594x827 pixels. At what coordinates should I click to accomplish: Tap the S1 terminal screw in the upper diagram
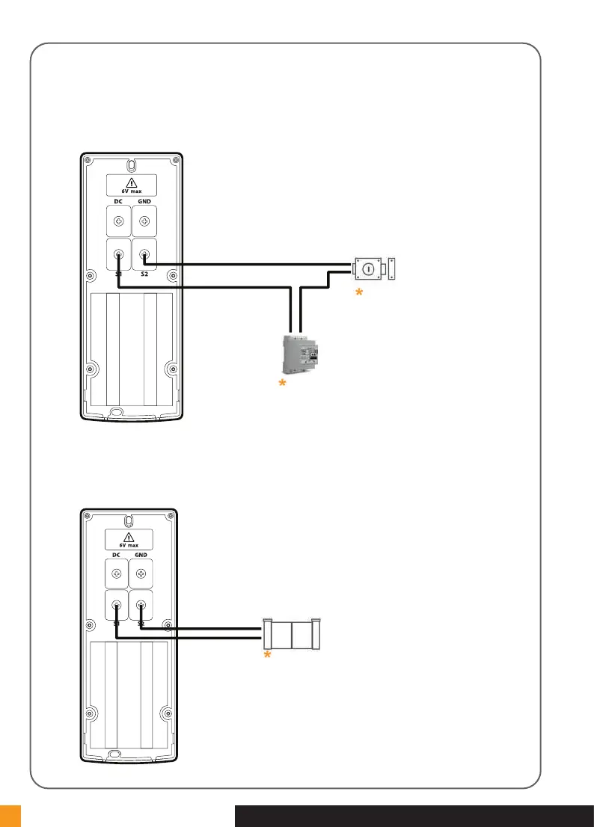click(118, 255)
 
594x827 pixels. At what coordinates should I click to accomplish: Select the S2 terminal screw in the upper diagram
click(144, 255)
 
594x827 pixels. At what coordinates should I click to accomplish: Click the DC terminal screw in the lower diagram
click(117, 574)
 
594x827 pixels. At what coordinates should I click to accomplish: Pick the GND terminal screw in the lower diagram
click(141, 574)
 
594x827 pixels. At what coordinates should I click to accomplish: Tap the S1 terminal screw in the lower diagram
click(117, 606)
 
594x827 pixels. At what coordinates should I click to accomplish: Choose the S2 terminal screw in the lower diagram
click(141, 606)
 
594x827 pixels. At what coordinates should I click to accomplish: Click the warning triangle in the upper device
click(131, 182)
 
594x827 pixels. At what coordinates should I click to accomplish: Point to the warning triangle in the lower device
click(129, 537)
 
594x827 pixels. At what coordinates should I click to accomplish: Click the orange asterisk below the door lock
click(358, 295)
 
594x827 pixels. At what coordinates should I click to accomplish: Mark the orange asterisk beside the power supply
click(282, 384)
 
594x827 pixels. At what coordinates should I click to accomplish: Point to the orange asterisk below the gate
click(266, 655)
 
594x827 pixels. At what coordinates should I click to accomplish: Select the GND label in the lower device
click(141, 556)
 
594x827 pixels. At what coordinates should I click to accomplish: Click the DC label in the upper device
click(118, 202)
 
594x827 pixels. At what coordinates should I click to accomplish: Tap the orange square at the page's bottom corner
click(10, 816)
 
